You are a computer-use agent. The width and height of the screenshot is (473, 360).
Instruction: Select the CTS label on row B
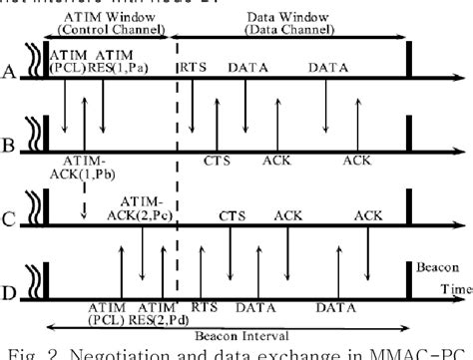pos(216,159)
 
